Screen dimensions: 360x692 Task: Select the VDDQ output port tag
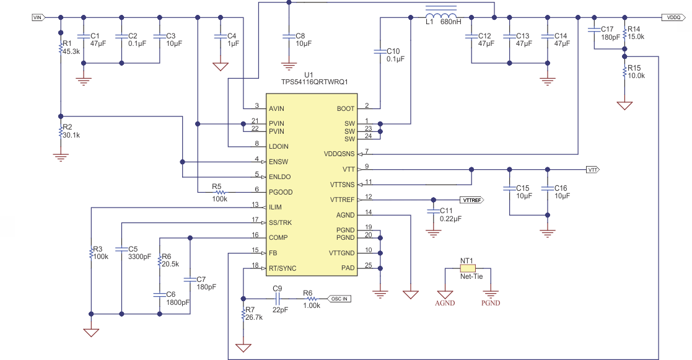pyautogui.click(x=673, y=18)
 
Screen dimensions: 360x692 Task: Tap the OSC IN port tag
pyautogui.click(x=338, y=298)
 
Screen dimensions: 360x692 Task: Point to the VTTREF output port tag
pyautogui.click(x=471, y=200)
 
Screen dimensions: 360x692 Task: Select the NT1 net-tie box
pyautogui.click(x=468, y=268)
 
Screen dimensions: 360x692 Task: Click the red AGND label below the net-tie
pyautogui.click(x=445, y=303)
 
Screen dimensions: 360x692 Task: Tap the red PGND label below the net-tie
pyautogui.click(x=490, y=303)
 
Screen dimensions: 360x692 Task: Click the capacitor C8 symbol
pyautogui.click(x=288, y=37)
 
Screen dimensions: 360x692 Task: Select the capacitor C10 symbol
pyautogui.click(x=378, y=52)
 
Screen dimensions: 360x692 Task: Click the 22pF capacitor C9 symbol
pyautogui.click(x=276, y=298)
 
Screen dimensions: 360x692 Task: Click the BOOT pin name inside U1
pyautogui.click(x=345, y=108)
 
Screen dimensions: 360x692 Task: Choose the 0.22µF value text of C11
pyautogui.click(x=450, y=219)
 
